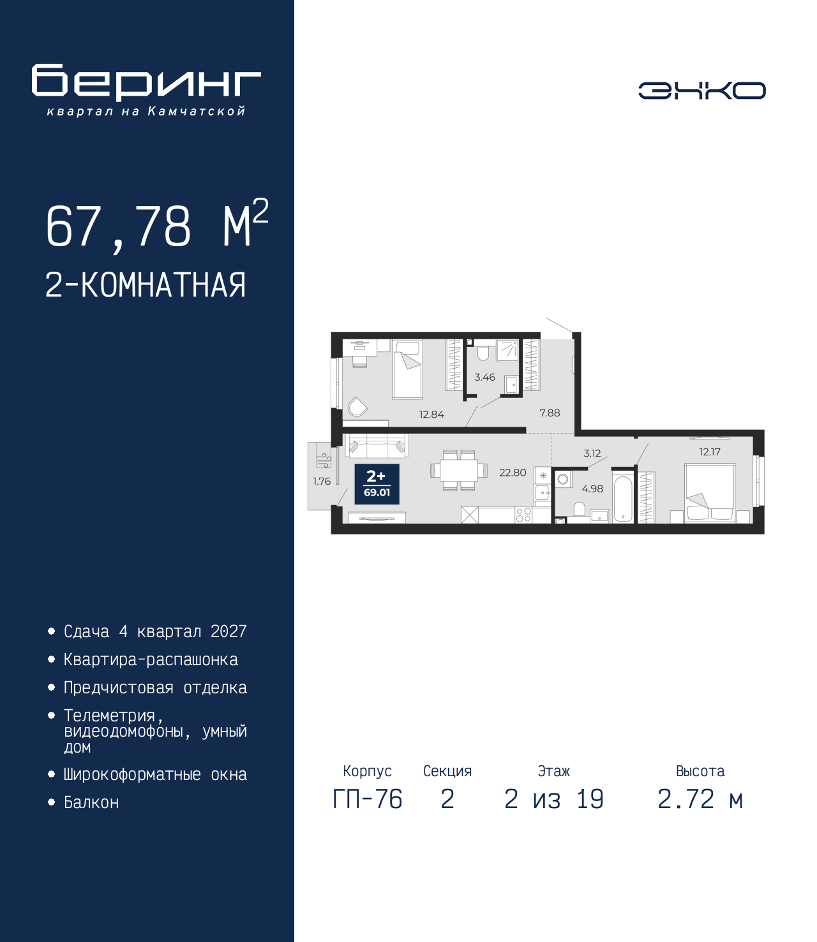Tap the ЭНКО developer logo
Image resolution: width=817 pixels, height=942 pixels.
coord(701,90)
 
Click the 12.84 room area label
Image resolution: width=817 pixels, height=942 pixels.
coord(431,415)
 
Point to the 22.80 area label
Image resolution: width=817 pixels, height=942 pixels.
coord(513,473)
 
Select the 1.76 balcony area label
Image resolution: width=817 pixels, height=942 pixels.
coord(322,482)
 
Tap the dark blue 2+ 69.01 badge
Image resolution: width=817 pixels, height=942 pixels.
coord(377,484)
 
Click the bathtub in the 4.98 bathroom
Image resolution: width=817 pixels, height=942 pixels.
coord(623,498)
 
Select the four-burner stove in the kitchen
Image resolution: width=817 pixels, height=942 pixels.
coord(523,515)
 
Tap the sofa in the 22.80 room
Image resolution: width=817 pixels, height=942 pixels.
coord(377,445)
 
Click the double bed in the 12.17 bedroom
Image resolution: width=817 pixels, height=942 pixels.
coord(710,492)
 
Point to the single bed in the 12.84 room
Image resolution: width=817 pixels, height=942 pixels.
coord(408,370)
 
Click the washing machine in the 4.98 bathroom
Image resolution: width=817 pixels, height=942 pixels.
coord(563,479)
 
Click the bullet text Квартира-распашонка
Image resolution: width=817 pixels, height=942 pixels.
coord(151,659)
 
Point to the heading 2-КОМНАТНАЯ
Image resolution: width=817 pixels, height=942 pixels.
coord(146,285)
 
